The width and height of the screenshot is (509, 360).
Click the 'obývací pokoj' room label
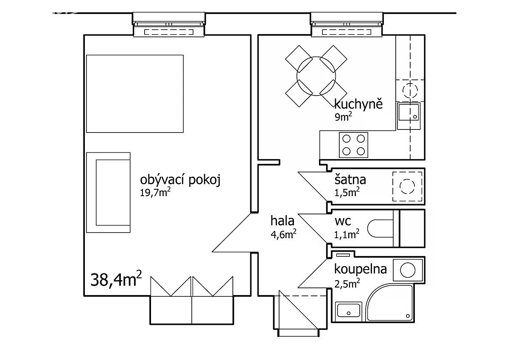coord(180,180)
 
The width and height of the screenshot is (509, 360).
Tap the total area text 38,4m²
coord(116,279)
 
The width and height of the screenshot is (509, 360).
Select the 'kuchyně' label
coord(358,104)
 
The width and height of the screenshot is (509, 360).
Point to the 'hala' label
coord(282,221)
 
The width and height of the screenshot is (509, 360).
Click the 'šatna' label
coord(350,180)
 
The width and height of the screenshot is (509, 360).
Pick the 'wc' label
coord(343,221)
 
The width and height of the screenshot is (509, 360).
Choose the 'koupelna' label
coord(361,269)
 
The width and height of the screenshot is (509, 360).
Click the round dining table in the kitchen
coord(316,76)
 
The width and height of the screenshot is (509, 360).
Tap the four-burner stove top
coord(353,145)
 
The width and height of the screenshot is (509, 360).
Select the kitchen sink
coord(409,116)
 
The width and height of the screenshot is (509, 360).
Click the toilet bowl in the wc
coord(380,228)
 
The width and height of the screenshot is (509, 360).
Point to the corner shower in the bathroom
coord(389,303)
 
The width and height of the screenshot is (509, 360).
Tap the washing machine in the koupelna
coord(408,270)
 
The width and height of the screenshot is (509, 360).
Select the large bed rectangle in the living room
coord(135,94)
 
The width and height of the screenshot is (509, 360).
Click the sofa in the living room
coord(108,193)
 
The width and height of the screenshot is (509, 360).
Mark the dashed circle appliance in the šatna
coord(407,186)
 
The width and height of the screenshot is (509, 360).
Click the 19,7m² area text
coord(155,193)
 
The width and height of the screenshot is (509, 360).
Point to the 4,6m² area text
coord(283,234)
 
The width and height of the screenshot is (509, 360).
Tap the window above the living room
coord(169,25)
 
